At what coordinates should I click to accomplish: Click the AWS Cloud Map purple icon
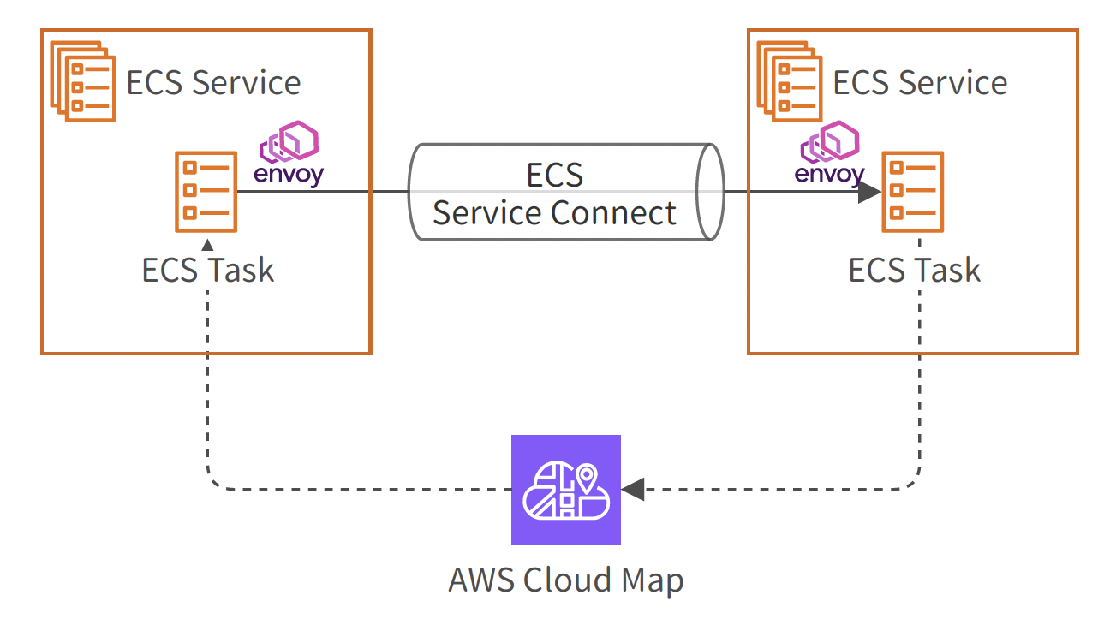tap(565, 490)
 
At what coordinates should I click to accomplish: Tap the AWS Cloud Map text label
tap(565, 580)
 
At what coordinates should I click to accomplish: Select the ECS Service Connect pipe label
tap(555, 194)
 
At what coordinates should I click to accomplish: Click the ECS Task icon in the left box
tap(206, 192)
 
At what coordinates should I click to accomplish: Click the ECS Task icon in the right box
tap(913, 192)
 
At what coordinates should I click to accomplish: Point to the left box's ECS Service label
tap(213, 83)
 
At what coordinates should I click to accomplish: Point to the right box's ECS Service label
tap(920, 83)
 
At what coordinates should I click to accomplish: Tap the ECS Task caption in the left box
tap(208, 271)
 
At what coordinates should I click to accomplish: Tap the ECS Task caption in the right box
tap(914, 271)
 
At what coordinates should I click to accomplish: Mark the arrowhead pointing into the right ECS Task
tap(869, 192)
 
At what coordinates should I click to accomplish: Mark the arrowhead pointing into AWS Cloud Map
tap(633, 490)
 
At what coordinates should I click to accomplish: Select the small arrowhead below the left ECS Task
tap(206, 244)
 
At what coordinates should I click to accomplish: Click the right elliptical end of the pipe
tap(710, 192)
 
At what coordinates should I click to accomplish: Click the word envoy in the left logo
tap(289, 176)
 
